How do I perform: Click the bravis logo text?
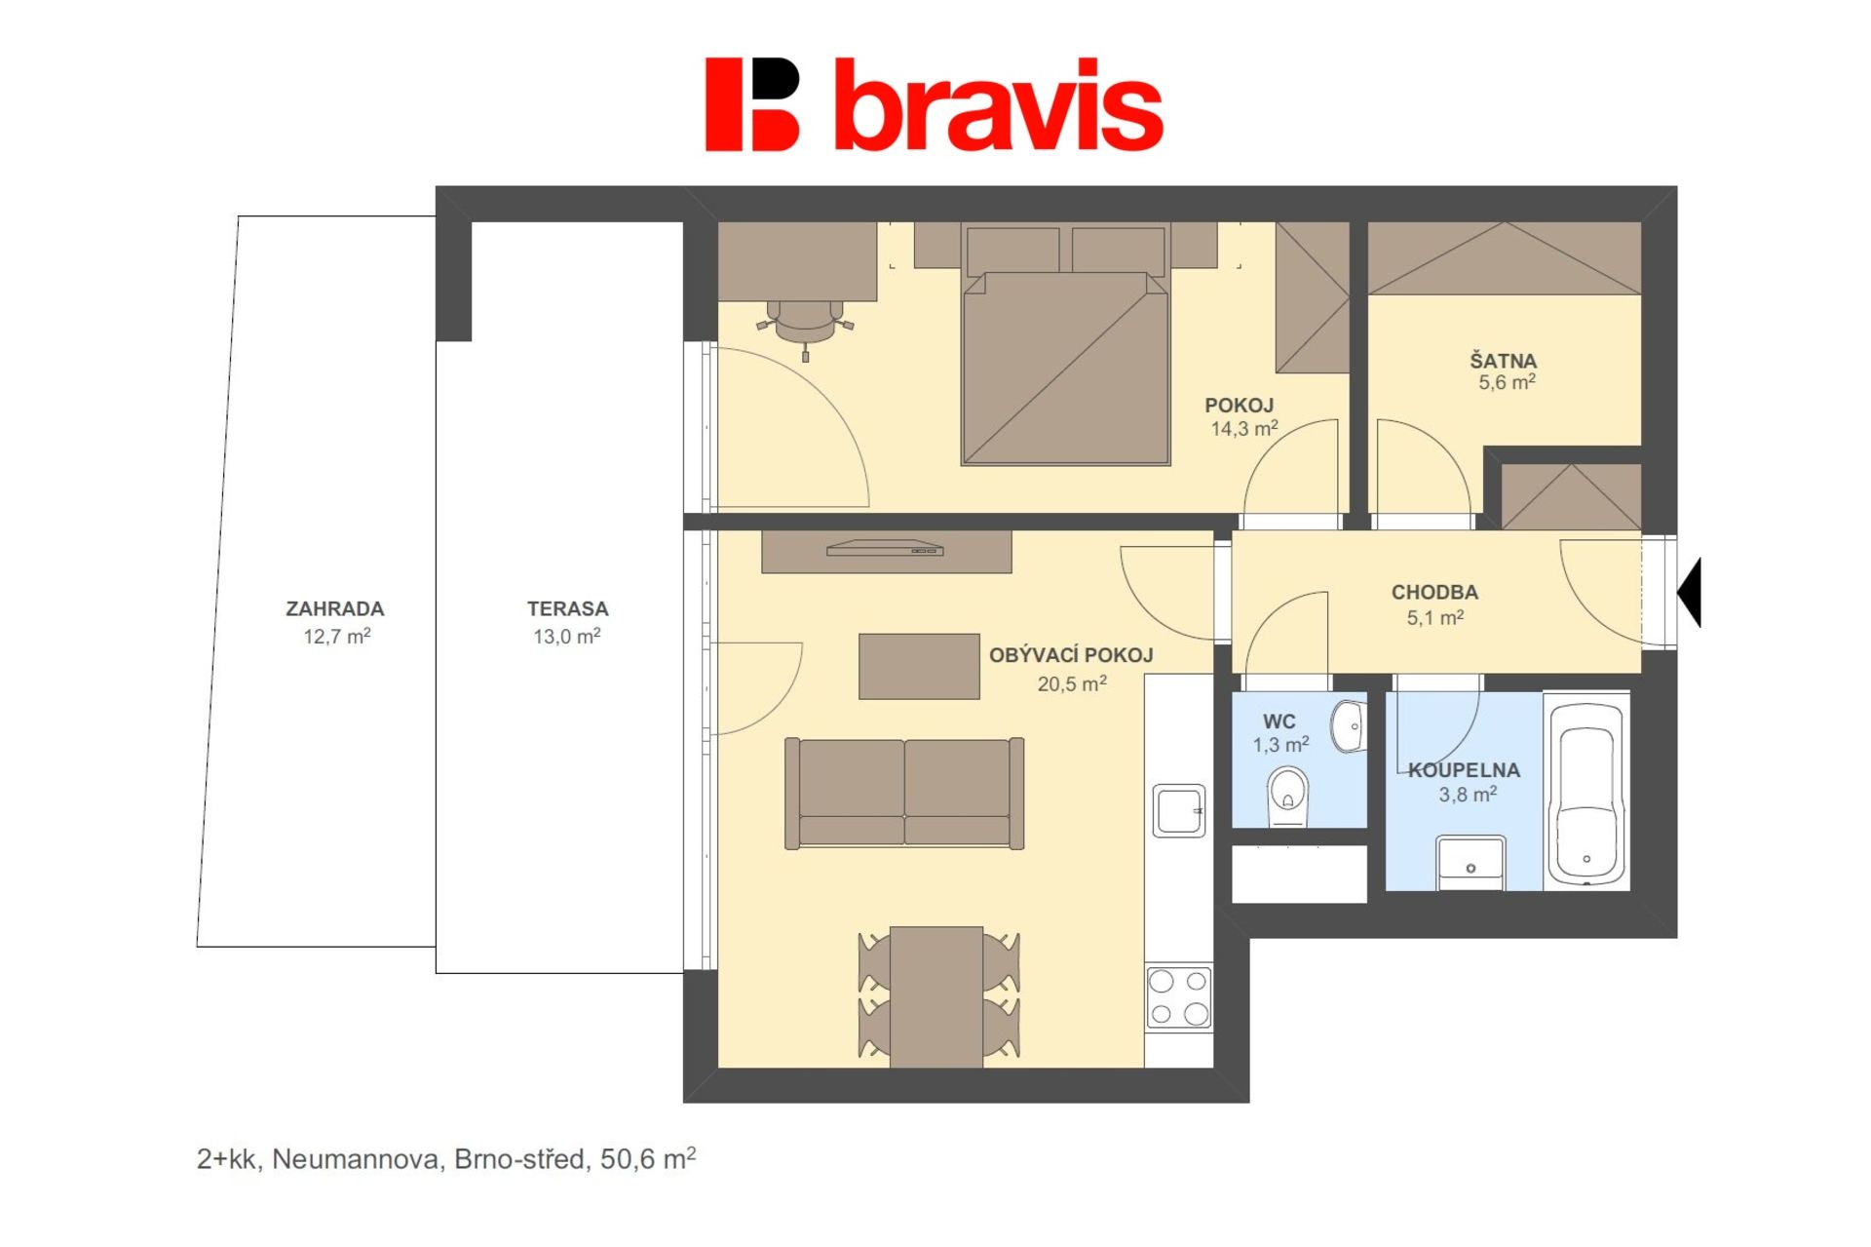click(x=999, y=105)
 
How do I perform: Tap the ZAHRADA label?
click(x=335, y=609)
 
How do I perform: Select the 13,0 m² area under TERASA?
click(x=567, y=637)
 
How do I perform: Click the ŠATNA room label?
click(x=1504, y=362)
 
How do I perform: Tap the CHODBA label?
click(x=1434, y=593)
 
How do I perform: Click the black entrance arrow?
click(x=1689, y=593)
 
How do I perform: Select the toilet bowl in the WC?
click(x=1288, y=796)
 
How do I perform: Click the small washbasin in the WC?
click(x=1350, y=726)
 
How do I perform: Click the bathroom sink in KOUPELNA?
click(x=1471, y=863)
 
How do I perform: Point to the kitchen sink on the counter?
click(x=1179, y=810)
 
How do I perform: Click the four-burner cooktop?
click(x=1179, y=997)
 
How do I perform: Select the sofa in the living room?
click(x=904, y=793)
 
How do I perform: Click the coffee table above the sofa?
click(x=919, y=667)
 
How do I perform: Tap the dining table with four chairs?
click(x=937, y=996)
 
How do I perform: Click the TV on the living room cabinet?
click(x=885, y=548)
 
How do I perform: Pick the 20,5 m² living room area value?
click(x=1072, y=684)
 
